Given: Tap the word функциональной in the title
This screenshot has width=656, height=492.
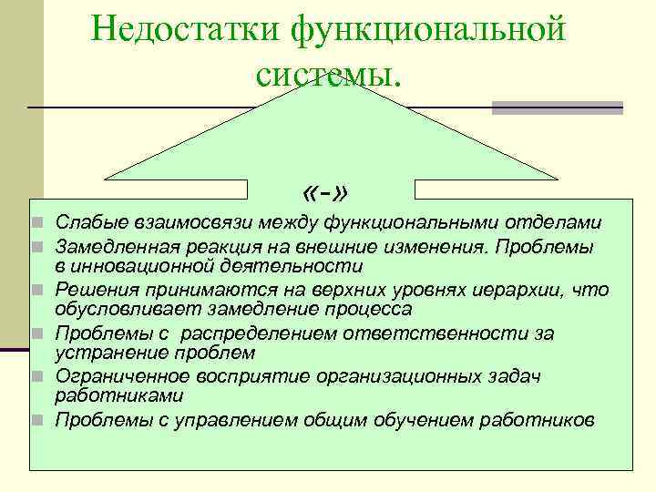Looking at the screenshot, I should [427, 29].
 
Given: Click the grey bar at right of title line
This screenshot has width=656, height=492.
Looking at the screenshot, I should [557, 108].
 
